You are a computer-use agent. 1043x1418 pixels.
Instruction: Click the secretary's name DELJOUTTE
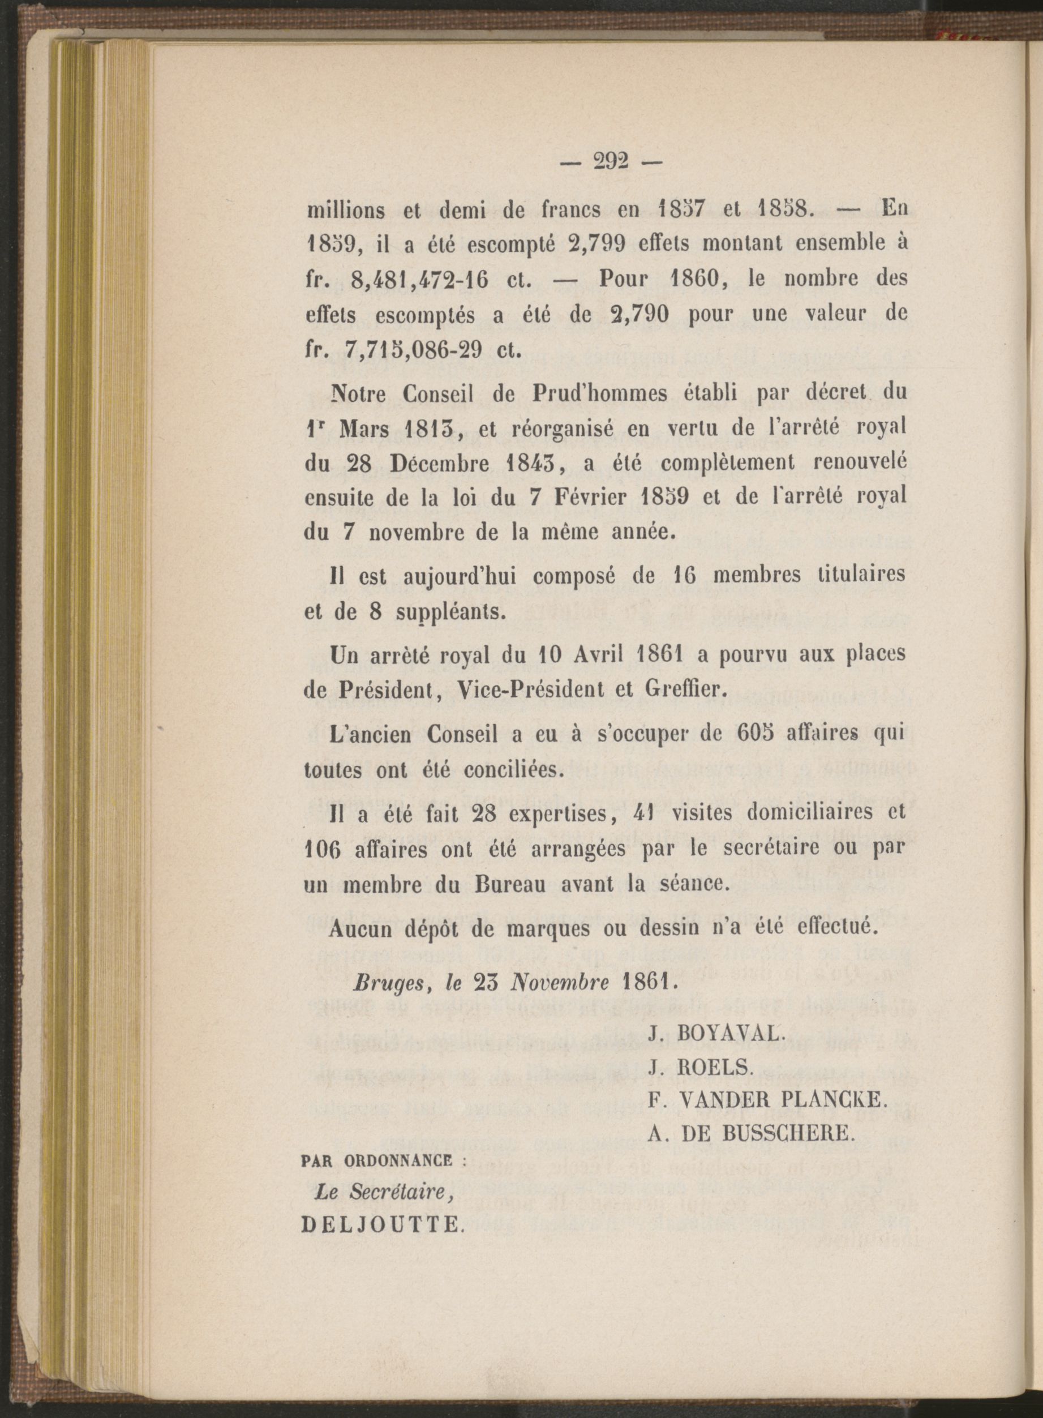tap(382, 1226)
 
